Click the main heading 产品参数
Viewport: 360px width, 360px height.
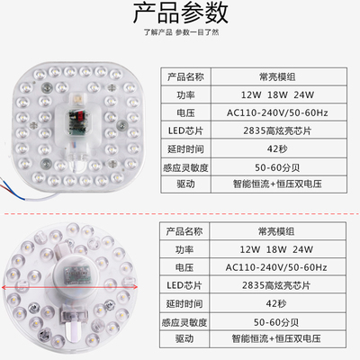179,13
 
